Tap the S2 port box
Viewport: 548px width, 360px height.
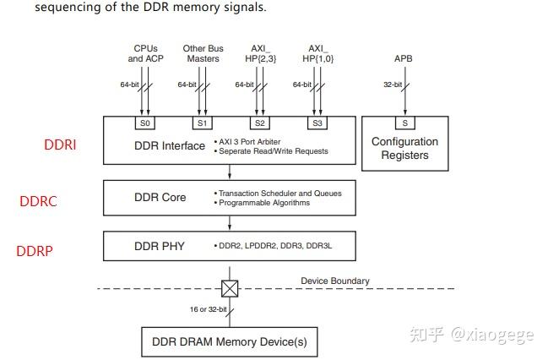pos(259,123)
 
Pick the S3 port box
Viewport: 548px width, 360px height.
pos(317,123)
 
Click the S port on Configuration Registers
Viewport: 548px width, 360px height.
pos(404,123)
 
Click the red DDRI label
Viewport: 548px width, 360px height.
pos(60,145)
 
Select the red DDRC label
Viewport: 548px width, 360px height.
pos(37,201)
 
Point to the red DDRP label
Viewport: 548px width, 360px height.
pos(35,251)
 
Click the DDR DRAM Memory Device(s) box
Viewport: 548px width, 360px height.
pos(229,342)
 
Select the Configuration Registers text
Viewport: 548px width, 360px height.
pos(404,148)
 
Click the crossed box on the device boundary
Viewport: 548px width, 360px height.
pos(230,289)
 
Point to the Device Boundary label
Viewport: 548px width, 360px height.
pos(335,281)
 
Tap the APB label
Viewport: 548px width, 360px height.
pos(404,58)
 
